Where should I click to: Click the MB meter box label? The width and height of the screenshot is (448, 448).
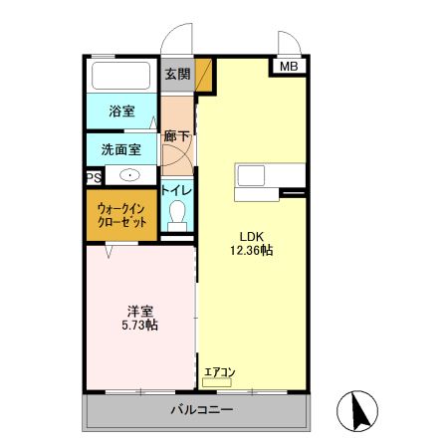pos(288,67)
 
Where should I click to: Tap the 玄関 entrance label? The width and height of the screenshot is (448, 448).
pos(177,75)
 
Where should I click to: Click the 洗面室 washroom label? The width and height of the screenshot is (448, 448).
pos(120,150)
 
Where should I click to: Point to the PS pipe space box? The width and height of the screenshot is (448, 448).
pos(93,178)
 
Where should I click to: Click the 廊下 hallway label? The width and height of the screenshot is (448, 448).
pos(177,136)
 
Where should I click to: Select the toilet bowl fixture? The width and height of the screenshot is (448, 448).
pos(178,214)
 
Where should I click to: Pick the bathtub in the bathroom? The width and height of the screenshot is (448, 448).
pos(121,76)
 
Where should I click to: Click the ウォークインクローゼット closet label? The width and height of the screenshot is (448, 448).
pos(121,216)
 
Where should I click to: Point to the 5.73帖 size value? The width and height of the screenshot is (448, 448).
pos(139,326)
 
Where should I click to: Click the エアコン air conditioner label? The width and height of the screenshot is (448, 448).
pos(219,372)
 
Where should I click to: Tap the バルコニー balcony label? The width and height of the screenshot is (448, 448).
pos(201,409)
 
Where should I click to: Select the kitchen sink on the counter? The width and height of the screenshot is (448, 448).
pos(250,176)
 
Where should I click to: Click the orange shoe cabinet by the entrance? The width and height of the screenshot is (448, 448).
pos(204,75)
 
